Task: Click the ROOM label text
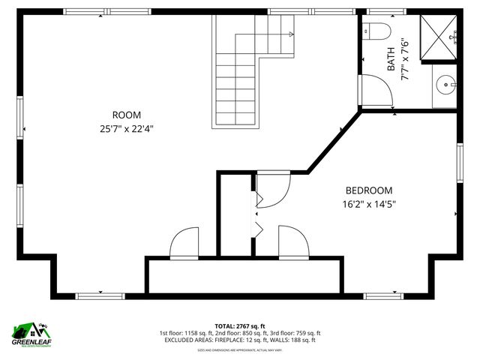[127, 115]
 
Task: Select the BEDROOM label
[368, 190]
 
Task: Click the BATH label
[391, 60]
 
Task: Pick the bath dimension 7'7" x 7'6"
[404, 60]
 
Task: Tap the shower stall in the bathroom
[437, 37]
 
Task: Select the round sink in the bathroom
[448, 85]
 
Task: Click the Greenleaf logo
[32, 332]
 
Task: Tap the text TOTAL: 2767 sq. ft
[239, 326]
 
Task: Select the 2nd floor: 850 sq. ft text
[239, 333]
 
